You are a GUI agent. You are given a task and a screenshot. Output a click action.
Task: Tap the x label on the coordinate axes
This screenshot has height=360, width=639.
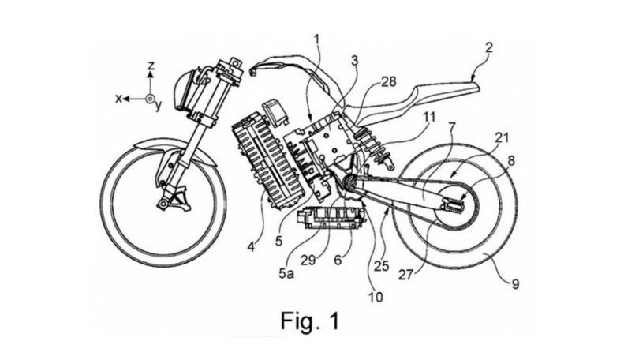coord(118,99)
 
